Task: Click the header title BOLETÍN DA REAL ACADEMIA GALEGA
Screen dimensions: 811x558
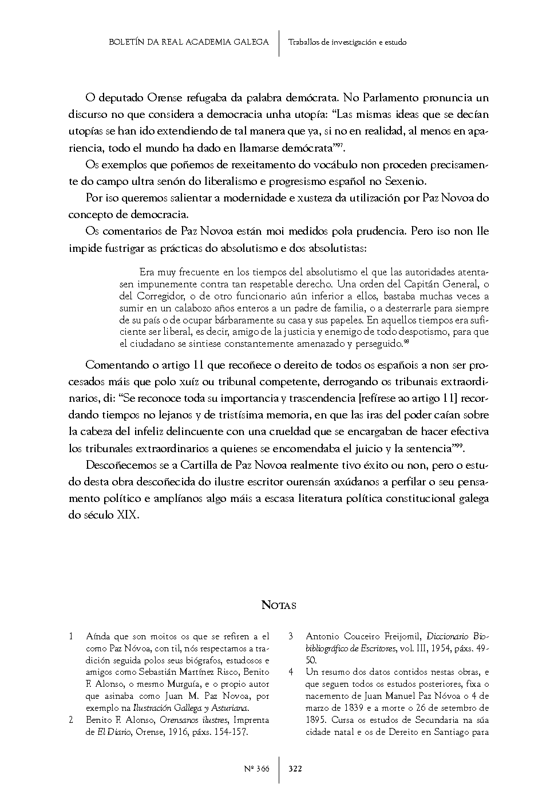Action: pyautogui.click(x=188, y=42)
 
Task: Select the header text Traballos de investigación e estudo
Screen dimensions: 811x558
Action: pyautogui.click(x=347, y=42)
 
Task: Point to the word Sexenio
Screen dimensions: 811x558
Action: pyautogui.click(x=407, y=181)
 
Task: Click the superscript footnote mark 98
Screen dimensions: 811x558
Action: pyautogui.click(x=406, y=342)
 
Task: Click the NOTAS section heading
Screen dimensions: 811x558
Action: pyautogui.click(x=279, y=605)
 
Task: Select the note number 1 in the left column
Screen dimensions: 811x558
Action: pyautogui.click(x=71, y=636)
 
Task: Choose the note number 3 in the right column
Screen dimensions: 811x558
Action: pyautogui.click(x=291, y=636)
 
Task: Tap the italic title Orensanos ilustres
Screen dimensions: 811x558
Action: pyautogui.click(x=191, y=720)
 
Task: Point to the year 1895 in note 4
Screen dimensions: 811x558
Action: pyautogui.click(x=316, y=720)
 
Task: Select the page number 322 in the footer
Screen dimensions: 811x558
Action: pyautogui.click(x=295, y=769)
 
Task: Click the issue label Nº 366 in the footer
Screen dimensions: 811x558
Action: pyautogui.click(x=256, y=769)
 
